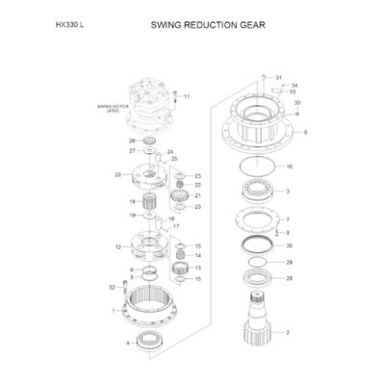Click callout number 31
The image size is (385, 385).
(x=279, y=77)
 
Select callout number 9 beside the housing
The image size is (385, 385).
(x=305, y=132)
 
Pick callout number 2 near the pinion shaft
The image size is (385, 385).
(x=286, y=332)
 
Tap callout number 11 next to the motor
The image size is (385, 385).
(x=187, y=97)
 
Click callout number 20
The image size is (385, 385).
(x=116, y=175)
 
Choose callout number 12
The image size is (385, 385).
(x=117, y=247)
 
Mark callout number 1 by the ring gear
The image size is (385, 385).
(x=115, y=311)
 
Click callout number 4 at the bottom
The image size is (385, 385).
(x=128, y=343)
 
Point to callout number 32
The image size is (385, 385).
(x=112, y=288)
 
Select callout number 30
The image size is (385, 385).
(x=289, y=245)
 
